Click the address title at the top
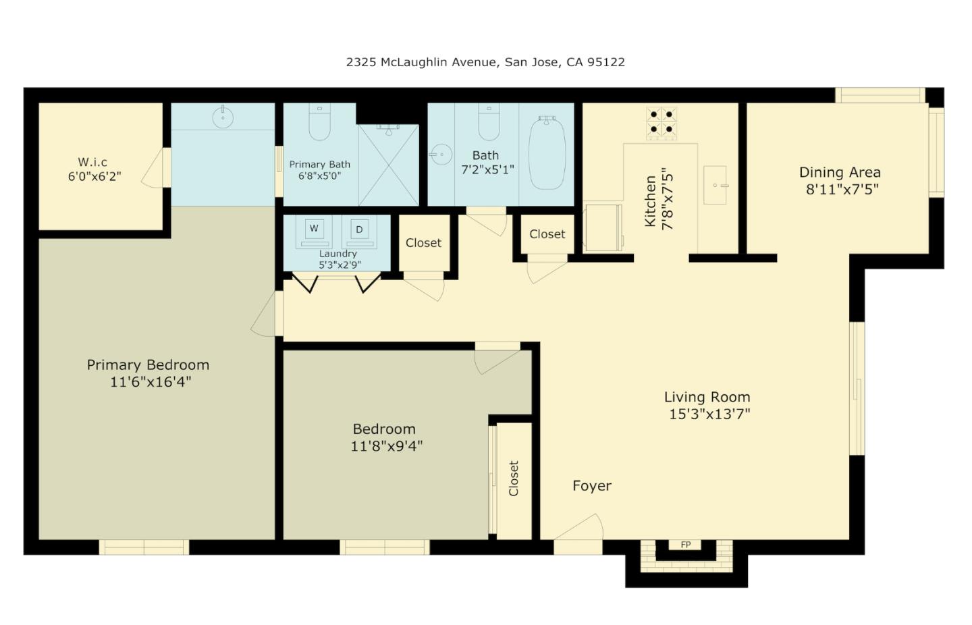point(485,62)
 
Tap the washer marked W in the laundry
point(314,229)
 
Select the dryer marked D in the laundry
point(359,230)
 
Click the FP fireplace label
point(685,545)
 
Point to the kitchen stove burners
point(661,122)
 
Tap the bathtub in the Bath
point(547,153)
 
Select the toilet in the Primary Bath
point(319,122)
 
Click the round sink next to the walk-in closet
point(223,117)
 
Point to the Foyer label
point(592,486)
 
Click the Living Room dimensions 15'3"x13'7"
point(709,414)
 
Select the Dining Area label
point(840,172)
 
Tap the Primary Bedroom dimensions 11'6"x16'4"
point(151,382)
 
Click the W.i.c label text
point(92,162)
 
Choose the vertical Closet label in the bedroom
point(514,479)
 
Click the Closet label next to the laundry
point(423,243)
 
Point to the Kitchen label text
point(651,201)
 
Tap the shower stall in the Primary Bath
point(389,165)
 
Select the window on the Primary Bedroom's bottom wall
point(144,547)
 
